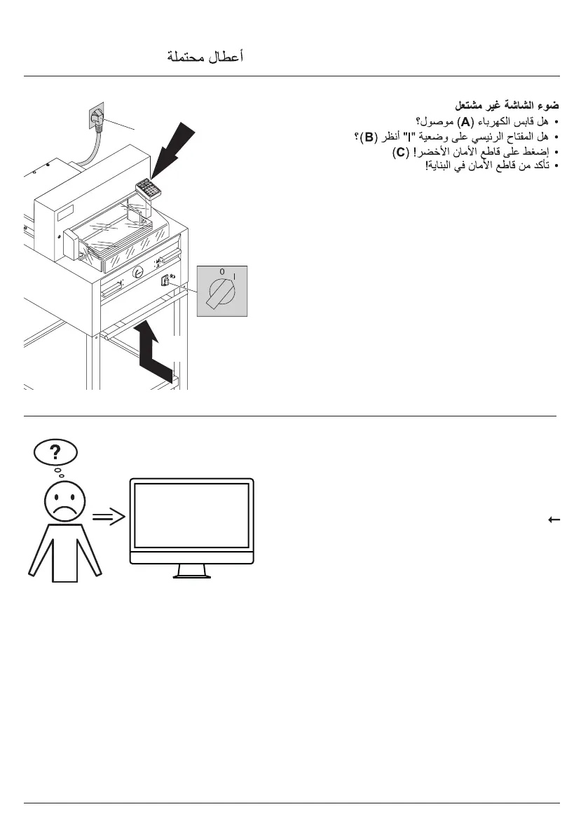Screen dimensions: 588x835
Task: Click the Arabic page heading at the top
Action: coord(205,57)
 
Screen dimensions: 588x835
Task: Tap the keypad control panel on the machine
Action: coord(149,186)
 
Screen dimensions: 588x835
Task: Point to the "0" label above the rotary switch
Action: coord(221,271)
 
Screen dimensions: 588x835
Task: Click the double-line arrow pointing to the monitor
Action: coord(109,518)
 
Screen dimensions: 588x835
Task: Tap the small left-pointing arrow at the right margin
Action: coord(553,520)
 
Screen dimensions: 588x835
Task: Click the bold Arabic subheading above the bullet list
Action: coord(507,105)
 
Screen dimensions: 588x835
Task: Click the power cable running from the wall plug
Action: coord(88,154)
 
